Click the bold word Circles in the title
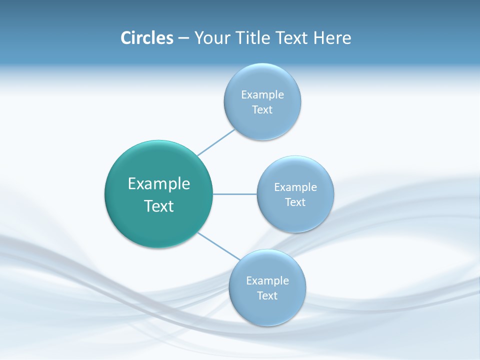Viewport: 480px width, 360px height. [146, 38]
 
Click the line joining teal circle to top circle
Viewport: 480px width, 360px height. [216, 142]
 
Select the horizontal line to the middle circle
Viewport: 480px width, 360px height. [235, 194]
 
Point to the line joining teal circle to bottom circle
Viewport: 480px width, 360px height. [219, 246]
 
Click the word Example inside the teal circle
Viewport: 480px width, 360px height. [159, 184]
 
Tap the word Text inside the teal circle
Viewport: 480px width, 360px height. [159, 206]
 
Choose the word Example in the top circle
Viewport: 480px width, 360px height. [262, 95]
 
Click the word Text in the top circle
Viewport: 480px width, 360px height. [262, 110]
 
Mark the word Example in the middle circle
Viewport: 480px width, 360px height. [295, 187]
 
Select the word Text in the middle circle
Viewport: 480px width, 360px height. [295, 202]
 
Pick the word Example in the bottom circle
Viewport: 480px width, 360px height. [267, 281]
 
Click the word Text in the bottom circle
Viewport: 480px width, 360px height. [267, 296]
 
